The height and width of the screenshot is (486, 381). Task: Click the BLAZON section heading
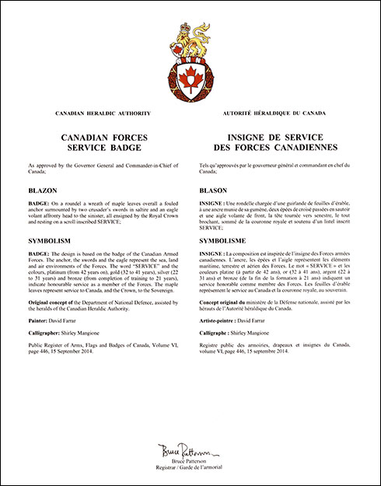[x=44, y=190]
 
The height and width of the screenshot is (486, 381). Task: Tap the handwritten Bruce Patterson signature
[x=190, y=449]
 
